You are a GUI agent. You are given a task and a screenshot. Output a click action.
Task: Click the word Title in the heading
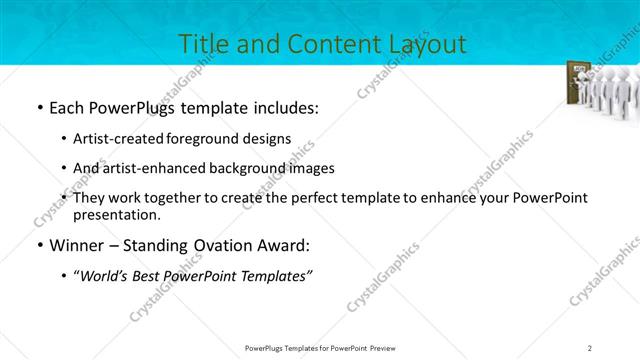(201, 44)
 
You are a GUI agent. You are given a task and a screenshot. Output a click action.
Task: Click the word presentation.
(119, 214)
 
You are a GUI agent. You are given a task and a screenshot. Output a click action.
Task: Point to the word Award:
(287, 245)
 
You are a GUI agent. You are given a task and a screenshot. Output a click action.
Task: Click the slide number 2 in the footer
(590, 347)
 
